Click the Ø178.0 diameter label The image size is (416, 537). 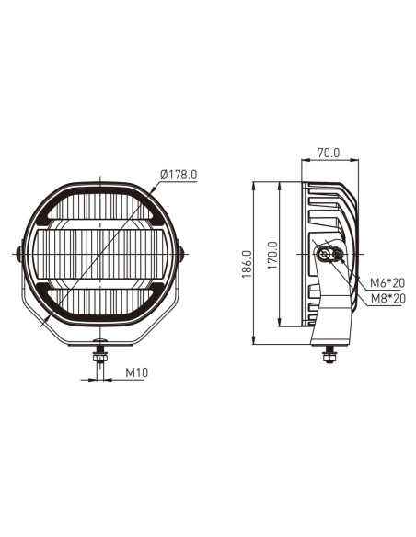[179, 175]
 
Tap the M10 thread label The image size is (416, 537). [136, 374]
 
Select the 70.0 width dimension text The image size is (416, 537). [328, 154]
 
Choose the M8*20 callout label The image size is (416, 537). [387, 297]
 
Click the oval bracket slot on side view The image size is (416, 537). [329, 254]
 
